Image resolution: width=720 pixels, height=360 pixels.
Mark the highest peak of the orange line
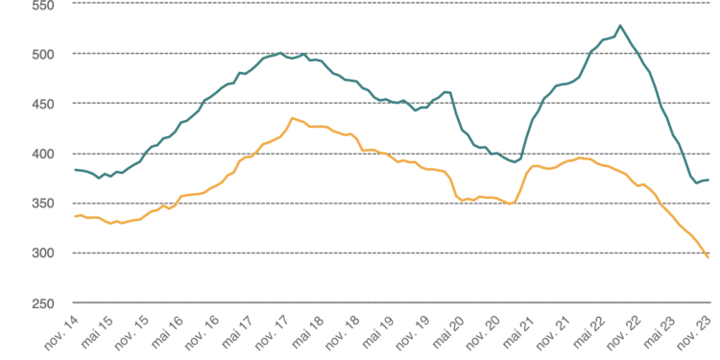click(x=292, y=118)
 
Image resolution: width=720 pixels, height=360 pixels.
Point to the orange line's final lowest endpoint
click(x=708, y=257)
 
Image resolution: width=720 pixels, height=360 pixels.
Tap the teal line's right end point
click(x=708, y=180)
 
